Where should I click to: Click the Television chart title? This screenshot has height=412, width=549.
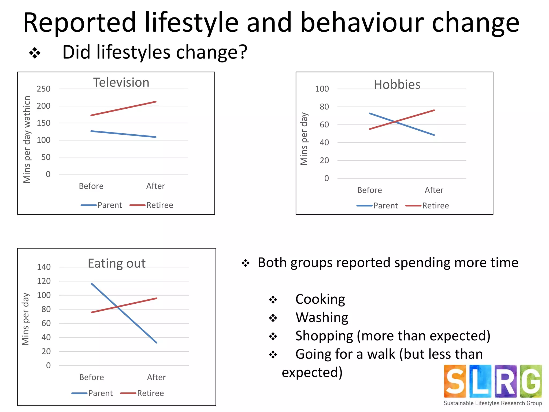point(121,82)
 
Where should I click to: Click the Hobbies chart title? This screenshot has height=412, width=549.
point(397,84)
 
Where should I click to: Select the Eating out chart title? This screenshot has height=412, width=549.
point(117,263)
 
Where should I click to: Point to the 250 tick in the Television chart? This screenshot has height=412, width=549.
point(43,89)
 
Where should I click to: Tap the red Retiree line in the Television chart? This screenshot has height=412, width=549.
point(124,108)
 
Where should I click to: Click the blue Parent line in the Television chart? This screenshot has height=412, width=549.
point(124,134)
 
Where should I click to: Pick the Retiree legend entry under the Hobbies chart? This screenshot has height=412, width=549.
point(435,206)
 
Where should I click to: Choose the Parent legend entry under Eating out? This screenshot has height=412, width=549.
point(100,393)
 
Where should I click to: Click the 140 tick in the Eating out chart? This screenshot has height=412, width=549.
point(44,267)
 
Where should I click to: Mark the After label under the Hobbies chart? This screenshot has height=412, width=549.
point(434,190)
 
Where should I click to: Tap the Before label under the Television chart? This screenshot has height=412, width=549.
point(91,186)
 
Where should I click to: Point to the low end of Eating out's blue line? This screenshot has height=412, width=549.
point(156,342)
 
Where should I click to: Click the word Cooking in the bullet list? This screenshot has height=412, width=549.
point(320,299)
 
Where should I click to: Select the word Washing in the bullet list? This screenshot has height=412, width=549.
point(322,318)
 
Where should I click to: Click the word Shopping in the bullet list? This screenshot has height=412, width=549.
point(324,336)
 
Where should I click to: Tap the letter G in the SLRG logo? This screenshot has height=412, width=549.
point(531,381)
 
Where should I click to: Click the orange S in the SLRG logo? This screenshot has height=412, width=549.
point(455,381)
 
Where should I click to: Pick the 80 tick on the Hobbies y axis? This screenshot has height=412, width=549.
point(324,107)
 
